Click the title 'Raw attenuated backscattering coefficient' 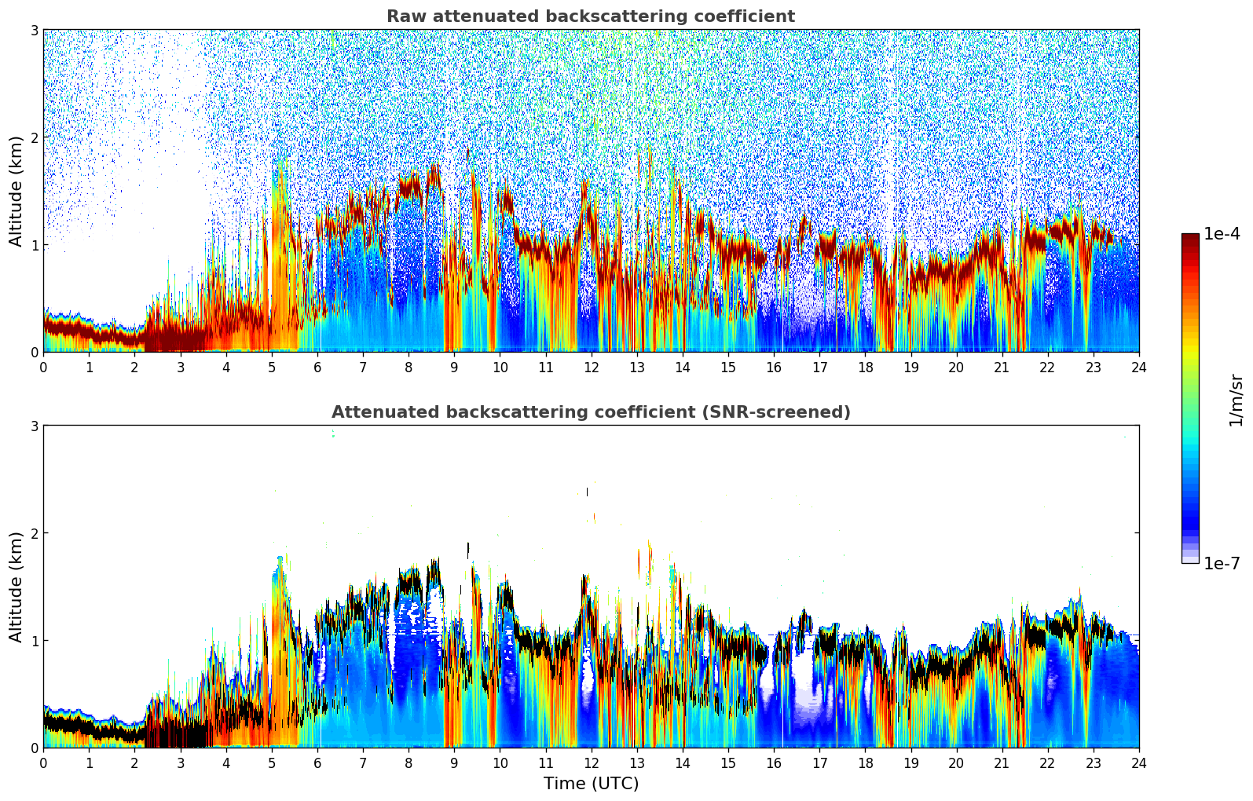point(590,16)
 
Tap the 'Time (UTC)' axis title point(591,784)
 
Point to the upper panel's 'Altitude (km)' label point(16,191)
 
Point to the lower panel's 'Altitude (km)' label point(16,587)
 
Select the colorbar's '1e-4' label point(1222,234)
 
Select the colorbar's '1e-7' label point(1222,563)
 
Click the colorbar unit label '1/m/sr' point(1236,400)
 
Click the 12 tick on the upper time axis point(591,367)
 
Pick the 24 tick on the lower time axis point(1138,763)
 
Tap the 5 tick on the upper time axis point(272,367)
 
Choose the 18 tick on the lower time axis point(865,763)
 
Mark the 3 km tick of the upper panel point(34,30)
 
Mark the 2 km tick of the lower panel point(34,533)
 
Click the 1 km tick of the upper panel point(34,245)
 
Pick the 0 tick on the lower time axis point(43,763)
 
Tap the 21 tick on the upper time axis point(1002,367)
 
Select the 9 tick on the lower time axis point(454,763)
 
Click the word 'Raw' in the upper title point(404,16)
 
